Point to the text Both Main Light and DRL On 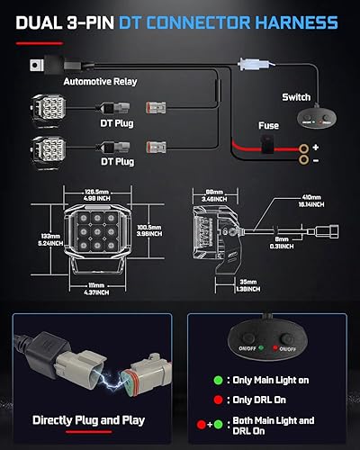point(288,426)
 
